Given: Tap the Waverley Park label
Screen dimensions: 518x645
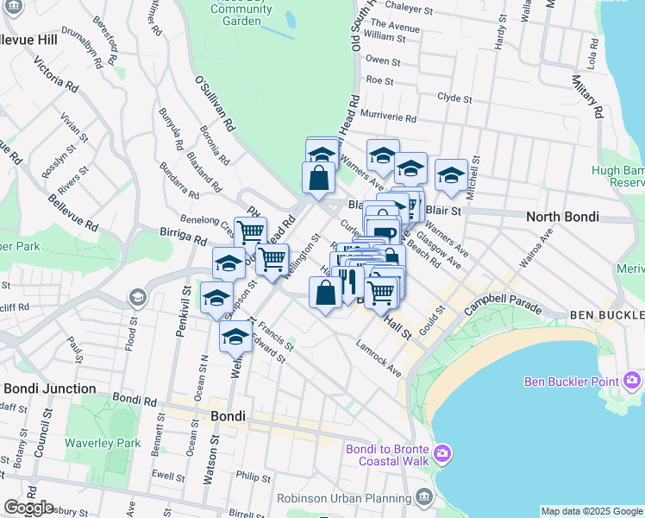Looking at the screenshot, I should coord(103,443).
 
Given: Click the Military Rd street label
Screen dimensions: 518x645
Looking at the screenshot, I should coord(586,96).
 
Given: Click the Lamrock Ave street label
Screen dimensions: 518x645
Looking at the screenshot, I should coord(379,357).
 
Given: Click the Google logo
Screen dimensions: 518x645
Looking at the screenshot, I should coord(29,508).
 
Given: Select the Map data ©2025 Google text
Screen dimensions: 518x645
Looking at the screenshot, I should coord(592,511).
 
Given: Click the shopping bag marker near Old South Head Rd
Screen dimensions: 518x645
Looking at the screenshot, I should coord(318,177).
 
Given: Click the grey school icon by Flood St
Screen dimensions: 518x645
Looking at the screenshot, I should coord(136,298).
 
